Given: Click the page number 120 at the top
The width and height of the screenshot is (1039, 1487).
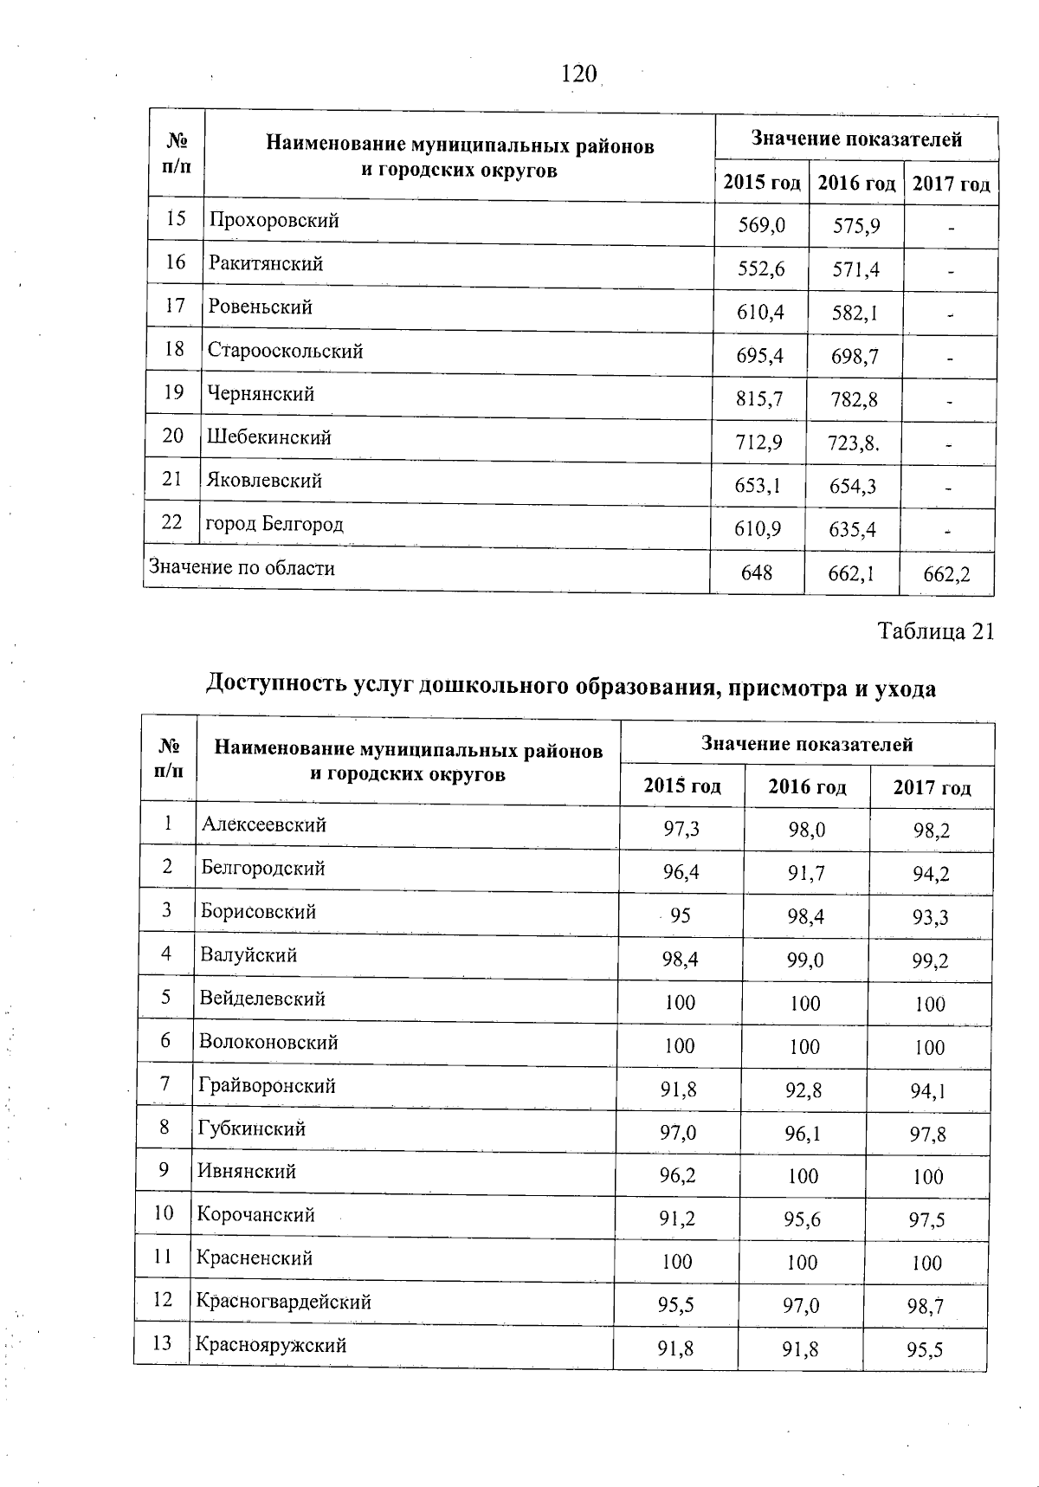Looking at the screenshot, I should click(x=579, y=75).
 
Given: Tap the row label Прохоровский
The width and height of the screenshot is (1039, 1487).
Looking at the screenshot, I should click(x=274, y=221).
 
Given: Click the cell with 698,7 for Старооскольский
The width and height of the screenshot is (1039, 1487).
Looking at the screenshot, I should click(x=855, y=356).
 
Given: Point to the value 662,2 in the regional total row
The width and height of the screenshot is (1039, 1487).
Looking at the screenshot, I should click(x=946, y=574).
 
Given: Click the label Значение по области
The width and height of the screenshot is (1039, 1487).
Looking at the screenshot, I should click(x=242, y=568).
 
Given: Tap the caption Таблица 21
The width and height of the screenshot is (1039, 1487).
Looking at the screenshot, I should click(x=936, y=631).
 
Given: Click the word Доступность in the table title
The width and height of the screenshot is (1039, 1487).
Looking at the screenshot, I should click(x=276, y=686).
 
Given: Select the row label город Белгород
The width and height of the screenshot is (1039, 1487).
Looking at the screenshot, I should click(x=275, y=525).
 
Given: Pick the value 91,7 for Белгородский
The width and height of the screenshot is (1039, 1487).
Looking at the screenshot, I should click(x=806, y=873).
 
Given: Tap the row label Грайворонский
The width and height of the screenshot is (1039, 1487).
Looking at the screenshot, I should click(x=267, y=1086).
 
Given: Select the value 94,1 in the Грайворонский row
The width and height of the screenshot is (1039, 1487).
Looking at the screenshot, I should click(x=929, y=1091).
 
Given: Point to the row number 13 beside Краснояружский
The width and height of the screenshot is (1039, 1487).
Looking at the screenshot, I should click(x=162, y=1344).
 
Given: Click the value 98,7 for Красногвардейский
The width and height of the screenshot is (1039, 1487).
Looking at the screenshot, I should click(x=926, y=1307).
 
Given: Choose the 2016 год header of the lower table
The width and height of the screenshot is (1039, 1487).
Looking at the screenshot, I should click(x=807, y=786).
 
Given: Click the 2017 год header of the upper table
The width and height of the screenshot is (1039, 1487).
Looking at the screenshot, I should click(x=952, y=184).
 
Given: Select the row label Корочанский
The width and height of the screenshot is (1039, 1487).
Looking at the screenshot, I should click(x=255, y=1215).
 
